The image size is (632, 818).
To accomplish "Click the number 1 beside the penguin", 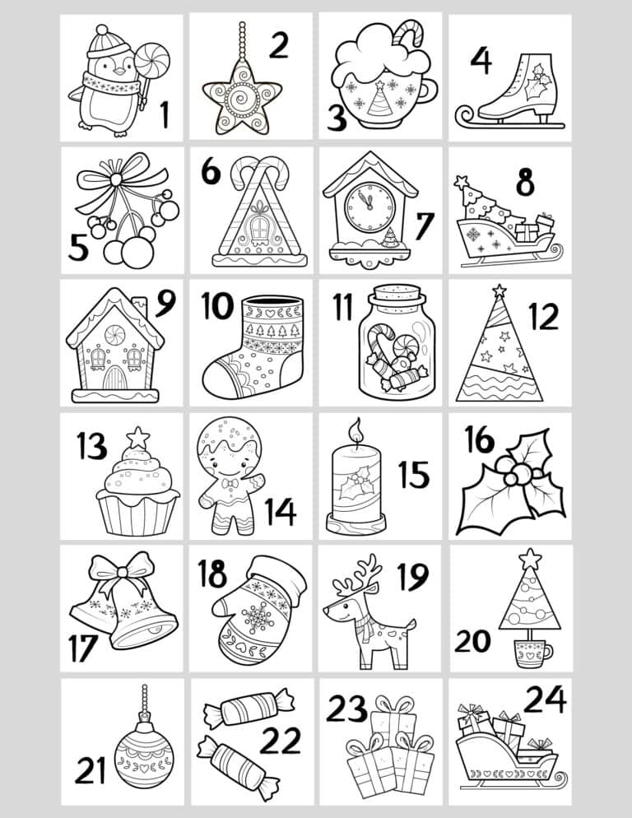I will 165,114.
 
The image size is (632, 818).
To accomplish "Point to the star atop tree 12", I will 499,290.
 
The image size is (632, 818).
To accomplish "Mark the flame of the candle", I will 356,430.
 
